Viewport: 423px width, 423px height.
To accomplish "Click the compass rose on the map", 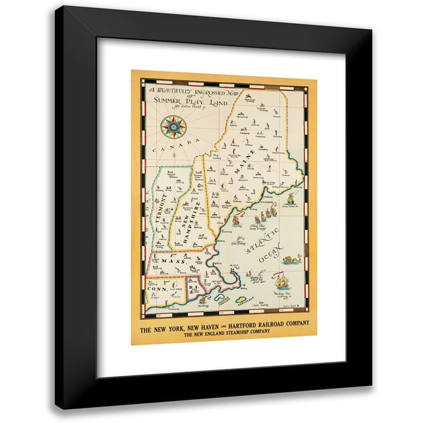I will click(x=174, y=126).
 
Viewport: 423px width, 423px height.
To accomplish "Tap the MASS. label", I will click(x=166, y=262).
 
